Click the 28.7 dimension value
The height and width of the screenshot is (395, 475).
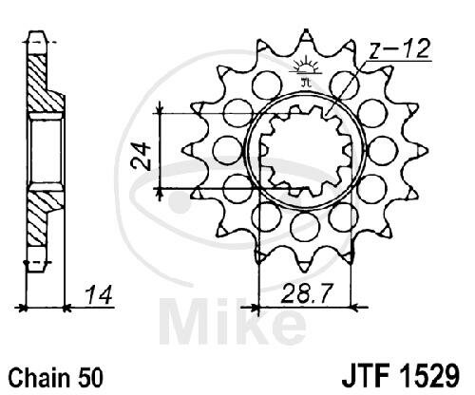pyautogui.click(x=307, y=293)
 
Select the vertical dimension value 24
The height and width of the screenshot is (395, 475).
pyautogui.click(x=141, y=157)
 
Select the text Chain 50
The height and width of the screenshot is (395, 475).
pyautogui.click(x=56, y=377)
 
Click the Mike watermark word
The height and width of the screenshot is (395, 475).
pyautogui.click(x=232, y=321)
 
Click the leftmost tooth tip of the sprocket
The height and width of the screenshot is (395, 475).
pyautogui.click(x=184, y=149)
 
